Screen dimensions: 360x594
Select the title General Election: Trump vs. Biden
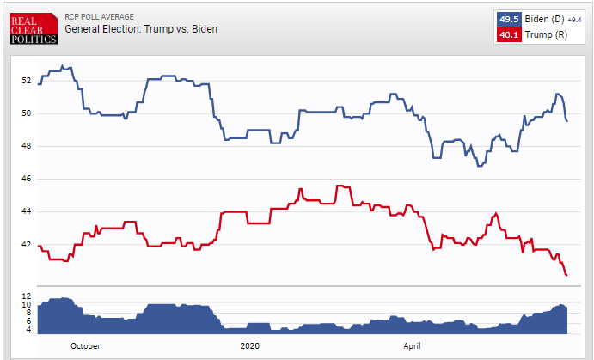tap(141, 29)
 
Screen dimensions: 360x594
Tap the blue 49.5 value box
tap(509, 19)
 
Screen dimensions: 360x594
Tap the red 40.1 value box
tap(509, 34)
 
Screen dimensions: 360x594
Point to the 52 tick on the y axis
tap(26, 81)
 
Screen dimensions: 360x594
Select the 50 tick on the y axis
tap(26, 113)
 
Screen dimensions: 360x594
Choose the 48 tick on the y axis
tap(26, 146)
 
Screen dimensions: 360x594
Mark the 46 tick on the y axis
tap(26, 179)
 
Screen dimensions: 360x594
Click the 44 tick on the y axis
tap(26, 211)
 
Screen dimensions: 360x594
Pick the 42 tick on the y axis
tap(26, 244)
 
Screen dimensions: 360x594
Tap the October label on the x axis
tap(85, 345)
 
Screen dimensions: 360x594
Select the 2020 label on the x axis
tap(249, 345)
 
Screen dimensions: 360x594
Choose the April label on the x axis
tap(412, 345)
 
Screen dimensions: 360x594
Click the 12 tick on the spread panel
tap(26, 296)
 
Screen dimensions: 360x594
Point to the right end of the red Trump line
tap(567, 275)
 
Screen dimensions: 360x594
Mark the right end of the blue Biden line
tap(567, 121)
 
